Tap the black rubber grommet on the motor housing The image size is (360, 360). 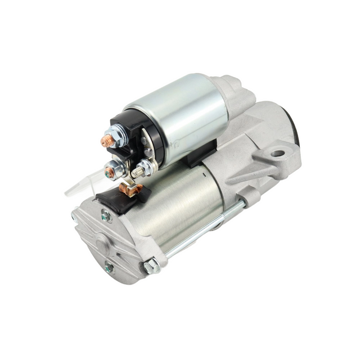[115, 196]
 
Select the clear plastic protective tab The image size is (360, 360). [79, 186]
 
